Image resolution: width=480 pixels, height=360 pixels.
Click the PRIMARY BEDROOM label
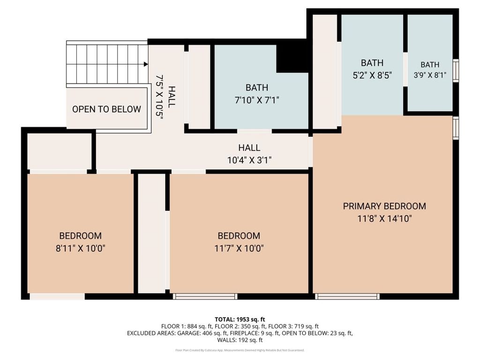point(384,206)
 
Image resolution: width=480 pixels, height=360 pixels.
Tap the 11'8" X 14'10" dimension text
point(384,218)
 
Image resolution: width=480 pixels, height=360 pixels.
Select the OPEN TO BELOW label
point(106,109)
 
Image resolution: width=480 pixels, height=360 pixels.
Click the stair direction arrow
point(145,64)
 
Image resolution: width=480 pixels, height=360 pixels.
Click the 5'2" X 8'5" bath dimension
point(372,75)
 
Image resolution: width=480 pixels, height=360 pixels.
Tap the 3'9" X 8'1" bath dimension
point(430,75)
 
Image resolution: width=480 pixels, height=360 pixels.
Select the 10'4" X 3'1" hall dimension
point(249,160)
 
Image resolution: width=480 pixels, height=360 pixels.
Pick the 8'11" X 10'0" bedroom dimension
point(80,248)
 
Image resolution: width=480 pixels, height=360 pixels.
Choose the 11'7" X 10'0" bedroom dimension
point(239,248)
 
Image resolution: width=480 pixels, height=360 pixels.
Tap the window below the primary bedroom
point(347,296)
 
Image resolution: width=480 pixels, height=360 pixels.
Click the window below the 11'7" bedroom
point(205,296)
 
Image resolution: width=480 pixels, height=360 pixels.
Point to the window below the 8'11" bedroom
point(57,296)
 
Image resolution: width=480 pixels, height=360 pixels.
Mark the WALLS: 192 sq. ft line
point(240,340)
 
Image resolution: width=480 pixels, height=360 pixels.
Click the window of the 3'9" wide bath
point(455,70)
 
